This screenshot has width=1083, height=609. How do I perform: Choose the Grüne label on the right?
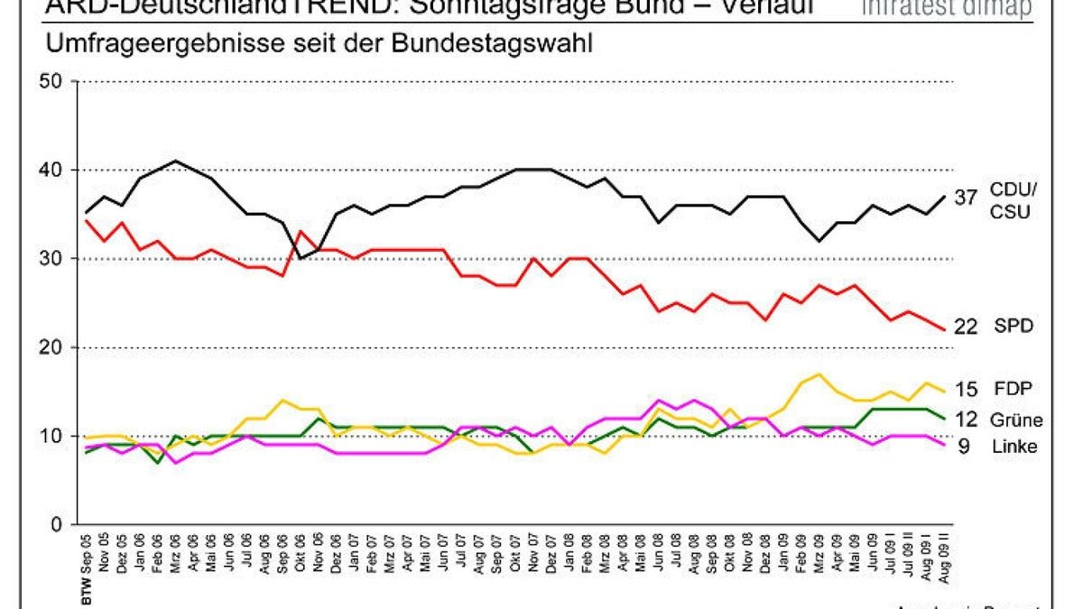[1015, 420]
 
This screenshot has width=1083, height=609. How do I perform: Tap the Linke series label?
[1012, 446]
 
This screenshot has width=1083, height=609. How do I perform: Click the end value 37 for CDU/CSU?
[966, 198]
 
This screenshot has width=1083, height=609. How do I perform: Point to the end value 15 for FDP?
[966, 390]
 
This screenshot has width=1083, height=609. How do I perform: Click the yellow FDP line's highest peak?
[819, 374]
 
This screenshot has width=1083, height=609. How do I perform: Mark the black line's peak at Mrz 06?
[175, 161]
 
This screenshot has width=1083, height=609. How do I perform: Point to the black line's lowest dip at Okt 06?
[301, 258]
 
